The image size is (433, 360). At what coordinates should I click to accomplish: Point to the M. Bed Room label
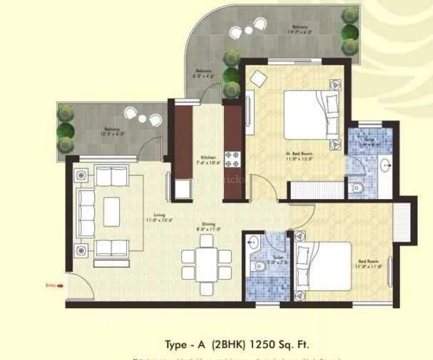(297, 155)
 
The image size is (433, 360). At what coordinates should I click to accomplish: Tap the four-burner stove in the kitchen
(231, 158)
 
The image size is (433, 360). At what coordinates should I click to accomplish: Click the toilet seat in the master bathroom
(358, 187)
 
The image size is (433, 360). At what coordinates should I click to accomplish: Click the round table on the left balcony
(142, 118)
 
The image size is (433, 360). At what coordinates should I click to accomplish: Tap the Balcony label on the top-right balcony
(300, 27)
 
